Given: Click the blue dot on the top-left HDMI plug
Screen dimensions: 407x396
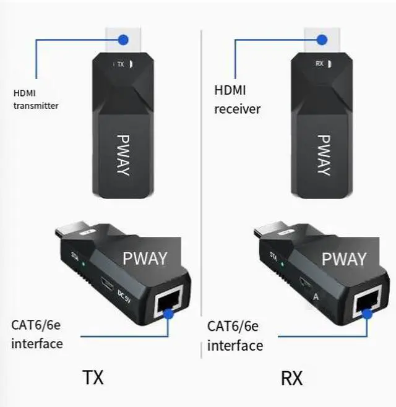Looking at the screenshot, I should coord(124,40).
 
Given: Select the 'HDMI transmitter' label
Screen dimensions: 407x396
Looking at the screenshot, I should coord(35,99).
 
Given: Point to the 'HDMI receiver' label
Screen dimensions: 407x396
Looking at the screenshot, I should coord(237,100).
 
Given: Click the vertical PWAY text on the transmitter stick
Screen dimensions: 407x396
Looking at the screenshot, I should coord(123,155).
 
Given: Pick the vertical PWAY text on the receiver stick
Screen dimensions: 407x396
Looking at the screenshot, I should coord(322,155).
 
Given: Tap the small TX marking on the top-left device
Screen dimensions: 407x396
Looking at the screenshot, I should coord(121,64).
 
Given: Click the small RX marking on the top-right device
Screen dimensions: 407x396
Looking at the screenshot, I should coord(319,63).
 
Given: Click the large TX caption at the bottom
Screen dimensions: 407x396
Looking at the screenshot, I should coord(92,377).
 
